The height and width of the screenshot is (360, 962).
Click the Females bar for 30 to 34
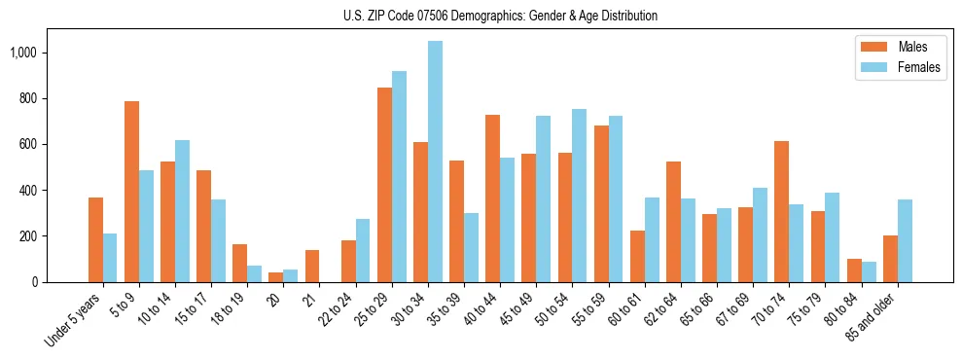pos(435,162)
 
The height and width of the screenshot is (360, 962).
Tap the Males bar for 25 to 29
pos(384,185)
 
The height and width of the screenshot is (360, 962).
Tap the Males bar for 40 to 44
pos(492,198)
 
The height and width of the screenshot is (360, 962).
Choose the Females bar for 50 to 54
pos(579,196)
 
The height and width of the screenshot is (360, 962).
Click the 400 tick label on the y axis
pos(29,191)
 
